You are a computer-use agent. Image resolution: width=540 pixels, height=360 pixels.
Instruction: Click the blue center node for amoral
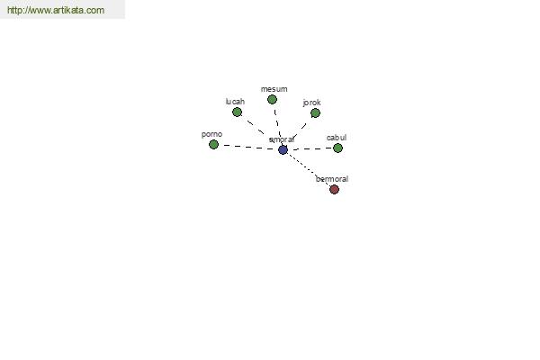click(283, 150)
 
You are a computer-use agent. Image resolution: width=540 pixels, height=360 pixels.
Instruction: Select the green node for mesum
click(272, 100)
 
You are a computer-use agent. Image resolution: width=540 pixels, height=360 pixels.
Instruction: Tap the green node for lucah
click(237, 112)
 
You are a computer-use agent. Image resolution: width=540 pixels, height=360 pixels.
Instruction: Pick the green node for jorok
click(315, 113)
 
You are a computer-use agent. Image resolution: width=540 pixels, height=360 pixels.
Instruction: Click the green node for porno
click(213, 144)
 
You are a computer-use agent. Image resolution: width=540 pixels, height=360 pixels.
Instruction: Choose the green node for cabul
click(337, 148)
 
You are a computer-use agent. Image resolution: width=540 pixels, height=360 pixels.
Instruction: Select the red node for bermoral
click(334, 189)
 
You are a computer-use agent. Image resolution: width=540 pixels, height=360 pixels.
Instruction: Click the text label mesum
click(274, 89)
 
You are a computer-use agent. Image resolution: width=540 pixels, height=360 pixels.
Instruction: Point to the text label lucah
click(235, 102)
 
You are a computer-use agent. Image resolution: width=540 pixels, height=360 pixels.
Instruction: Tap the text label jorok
click(312, 103)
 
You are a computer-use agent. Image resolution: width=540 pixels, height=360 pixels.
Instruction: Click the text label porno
click(211, 134)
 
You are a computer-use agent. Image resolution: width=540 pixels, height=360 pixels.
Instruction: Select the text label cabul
click(337, 138)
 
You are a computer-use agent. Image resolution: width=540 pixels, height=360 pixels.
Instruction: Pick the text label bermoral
click(332, 179)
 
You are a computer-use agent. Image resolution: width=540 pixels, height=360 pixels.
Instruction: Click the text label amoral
click(282, 139)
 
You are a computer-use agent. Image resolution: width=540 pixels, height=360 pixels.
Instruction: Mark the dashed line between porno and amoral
click(248, 147)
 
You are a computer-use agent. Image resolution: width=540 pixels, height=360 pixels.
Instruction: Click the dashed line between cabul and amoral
click(310, 148)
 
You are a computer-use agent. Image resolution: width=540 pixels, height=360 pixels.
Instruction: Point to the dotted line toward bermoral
click(308, 169)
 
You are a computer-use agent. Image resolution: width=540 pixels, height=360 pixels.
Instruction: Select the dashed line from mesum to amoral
click(277, 125)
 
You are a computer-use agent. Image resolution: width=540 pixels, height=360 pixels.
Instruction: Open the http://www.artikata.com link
click(56, 10)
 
